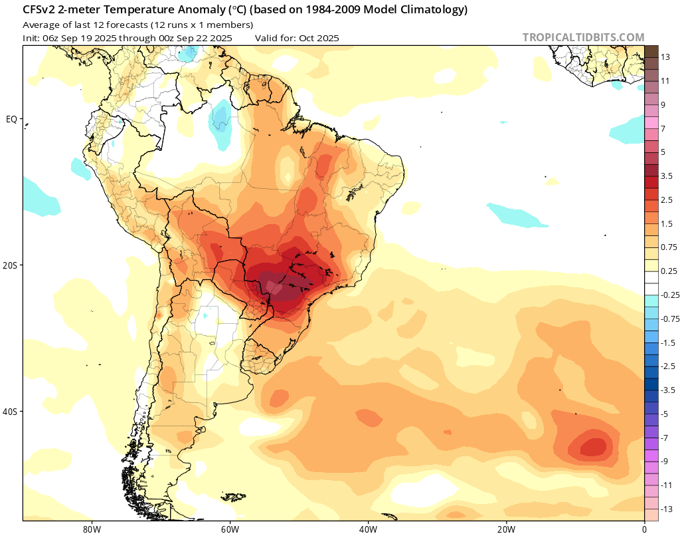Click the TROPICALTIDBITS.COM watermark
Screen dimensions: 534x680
(x=583, y=37)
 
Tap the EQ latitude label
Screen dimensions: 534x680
(x=11, y=119)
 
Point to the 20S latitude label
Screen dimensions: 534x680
(x=10, y=265)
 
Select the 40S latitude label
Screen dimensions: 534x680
(x=10, y=412)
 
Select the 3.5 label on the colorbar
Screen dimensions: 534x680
(x=657, y=176)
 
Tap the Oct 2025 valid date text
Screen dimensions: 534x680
(x=319, y=38)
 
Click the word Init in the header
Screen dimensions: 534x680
(x=31, y=38)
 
